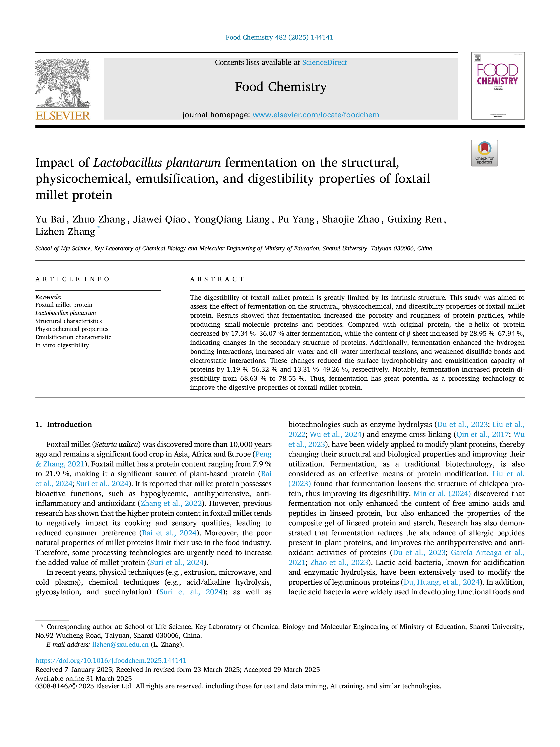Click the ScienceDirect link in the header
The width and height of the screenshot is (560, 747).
pyautogui.click(x=324, y=63)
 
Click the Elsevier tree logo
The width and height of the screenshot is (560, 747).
pyautogui.click(x=63, y=83)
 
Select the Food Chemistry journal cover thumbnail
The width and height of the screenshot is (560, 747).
pyautogui.click(x=498, y=86)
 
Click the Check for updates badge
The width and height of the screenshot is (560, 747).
pyautogui.click(x=484, y=153)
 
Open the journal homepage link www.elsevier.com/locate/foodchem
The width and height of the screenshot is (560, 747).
pyautogui.click(x=316, y=115)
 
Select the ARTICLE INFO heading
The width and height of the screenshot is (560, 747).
pyautogui.click(x=72, y=279)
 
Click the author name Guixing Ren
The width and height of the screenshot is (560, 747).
pyautogui.click(x=415, y=220)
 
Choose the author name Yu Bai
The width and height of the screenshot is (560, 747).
pyautogui.click(x=50, y=220)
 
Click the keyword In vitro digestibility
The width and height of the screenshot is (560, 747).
pyautogui.click(x=62, y=345)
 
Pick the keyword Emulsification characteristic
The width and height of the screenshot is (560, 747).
pyautogui.click(x=73, y=337)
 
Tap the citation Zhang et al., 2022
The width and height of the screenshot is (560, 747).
pyautogui.click(x=171, y=503)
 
